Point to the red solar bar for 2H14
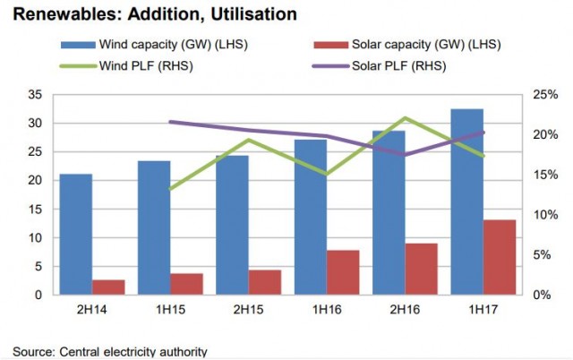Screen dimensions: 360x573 coord(109,287)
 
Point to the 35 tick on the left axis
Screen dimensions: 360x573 coord(37,95)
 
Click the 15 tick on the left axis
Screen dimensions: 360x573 coord(37,210)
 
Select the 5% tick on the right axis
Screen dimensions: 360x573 coord(544,255)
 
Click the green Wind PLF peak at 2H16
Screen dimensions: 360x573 coord(405,118)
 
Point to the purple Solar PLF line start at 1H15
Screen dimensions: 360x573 coord(169,122)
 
